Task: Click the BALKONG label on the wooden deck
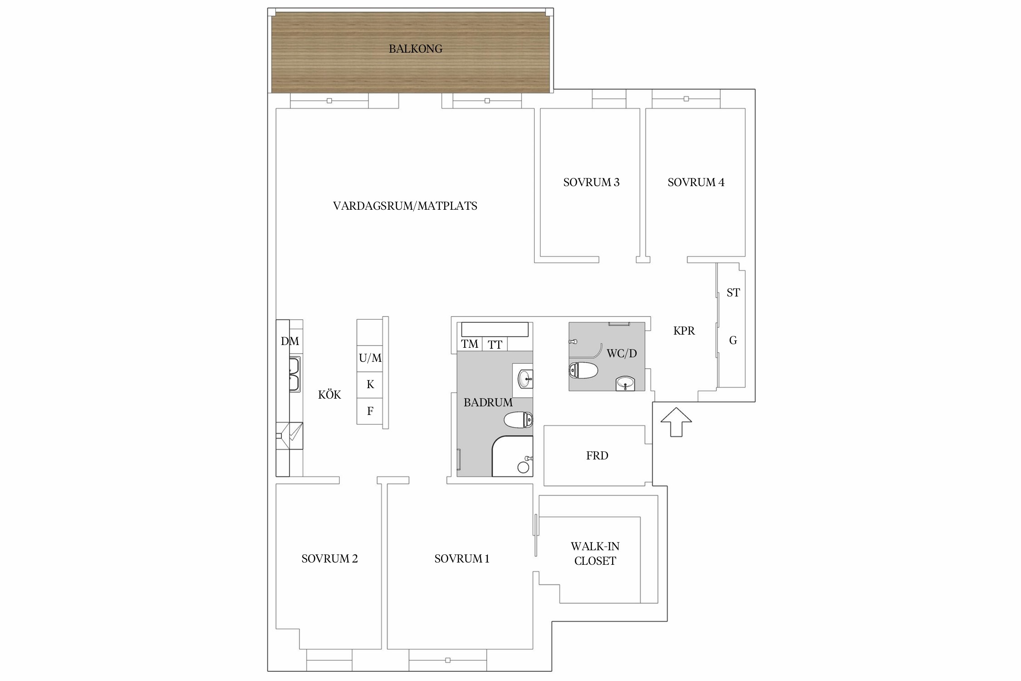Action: [x=415, y=49]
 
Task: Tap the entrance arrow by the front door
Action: [x=676, y=422]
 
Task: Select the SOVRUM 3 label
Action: [x=591, y=183]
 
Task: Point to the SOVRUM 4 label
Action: [x=696, y=183]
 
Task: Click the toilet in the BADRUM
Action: [x=518, y=419]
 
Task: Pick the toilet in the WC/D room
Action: [x=583, y=370]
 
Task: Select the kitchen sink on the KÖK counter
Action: [x=295, y=375]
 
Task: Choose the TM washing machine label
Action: [x=470, y=344]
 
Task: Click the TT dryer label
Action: [x=495, y=345]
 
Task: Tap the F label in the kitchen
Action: [x=370, y=411]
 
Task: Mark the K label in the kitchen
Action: [x=370, y=385]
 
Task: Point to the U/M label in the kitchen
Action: [x=370, y=358]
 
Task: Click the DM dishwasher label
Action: [x=290, y=341]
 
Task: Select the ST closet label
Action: [x=733, y=293]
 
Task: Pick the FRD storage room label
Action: [x=597, y=456]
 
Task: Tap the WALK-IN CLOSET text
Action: [x=595, y=553]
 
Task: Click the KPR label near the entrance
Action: [x=684, y=331]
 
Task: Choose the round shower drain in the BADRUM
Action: [x=523, y=467]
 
